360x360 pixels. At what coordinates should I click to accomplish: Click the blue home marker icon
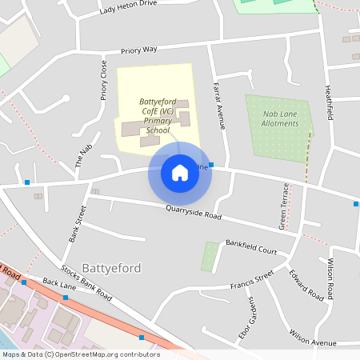coord(179,173)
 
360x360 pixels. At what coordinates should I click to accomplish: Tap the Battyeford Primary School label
coord(158,116)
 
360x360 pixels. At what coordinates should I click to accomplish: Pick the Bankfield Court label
coord(250,246)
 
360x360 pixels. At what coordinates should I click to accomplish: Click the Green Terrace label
coord(283,206)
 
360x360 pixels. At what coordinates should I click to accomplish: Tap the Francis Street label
coord(251,280)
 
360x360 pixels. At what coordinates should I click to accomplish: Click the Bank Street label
coord(77,223)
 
